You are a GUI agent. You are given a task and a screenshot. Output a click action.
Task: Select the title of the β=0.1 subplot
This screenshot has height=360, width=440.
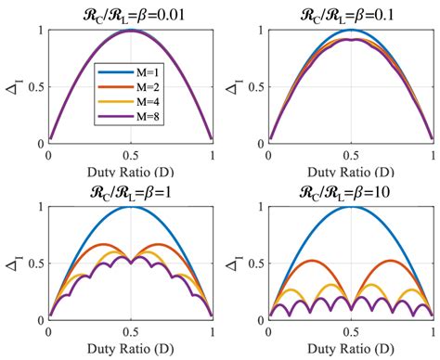351,13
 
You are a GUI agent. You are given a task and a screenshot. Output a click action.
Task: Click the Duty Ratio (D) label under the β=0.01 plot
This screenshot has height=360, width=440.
130,172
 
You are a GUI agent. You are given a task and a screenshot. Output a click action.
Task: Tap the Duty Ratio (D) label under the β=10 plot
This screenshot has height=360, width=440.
351,349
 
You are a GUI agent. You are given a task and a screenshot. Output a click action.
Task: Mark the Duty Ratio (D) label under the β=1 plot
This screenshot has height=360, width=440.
130,349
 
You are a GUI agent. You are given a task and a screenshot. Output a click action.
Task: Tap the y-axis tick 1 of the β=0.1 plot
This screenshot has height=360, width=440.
260,31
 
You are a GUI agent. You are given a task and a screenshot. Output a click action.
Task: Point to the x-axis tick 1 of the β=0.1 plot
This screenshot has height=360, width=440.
433,155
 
